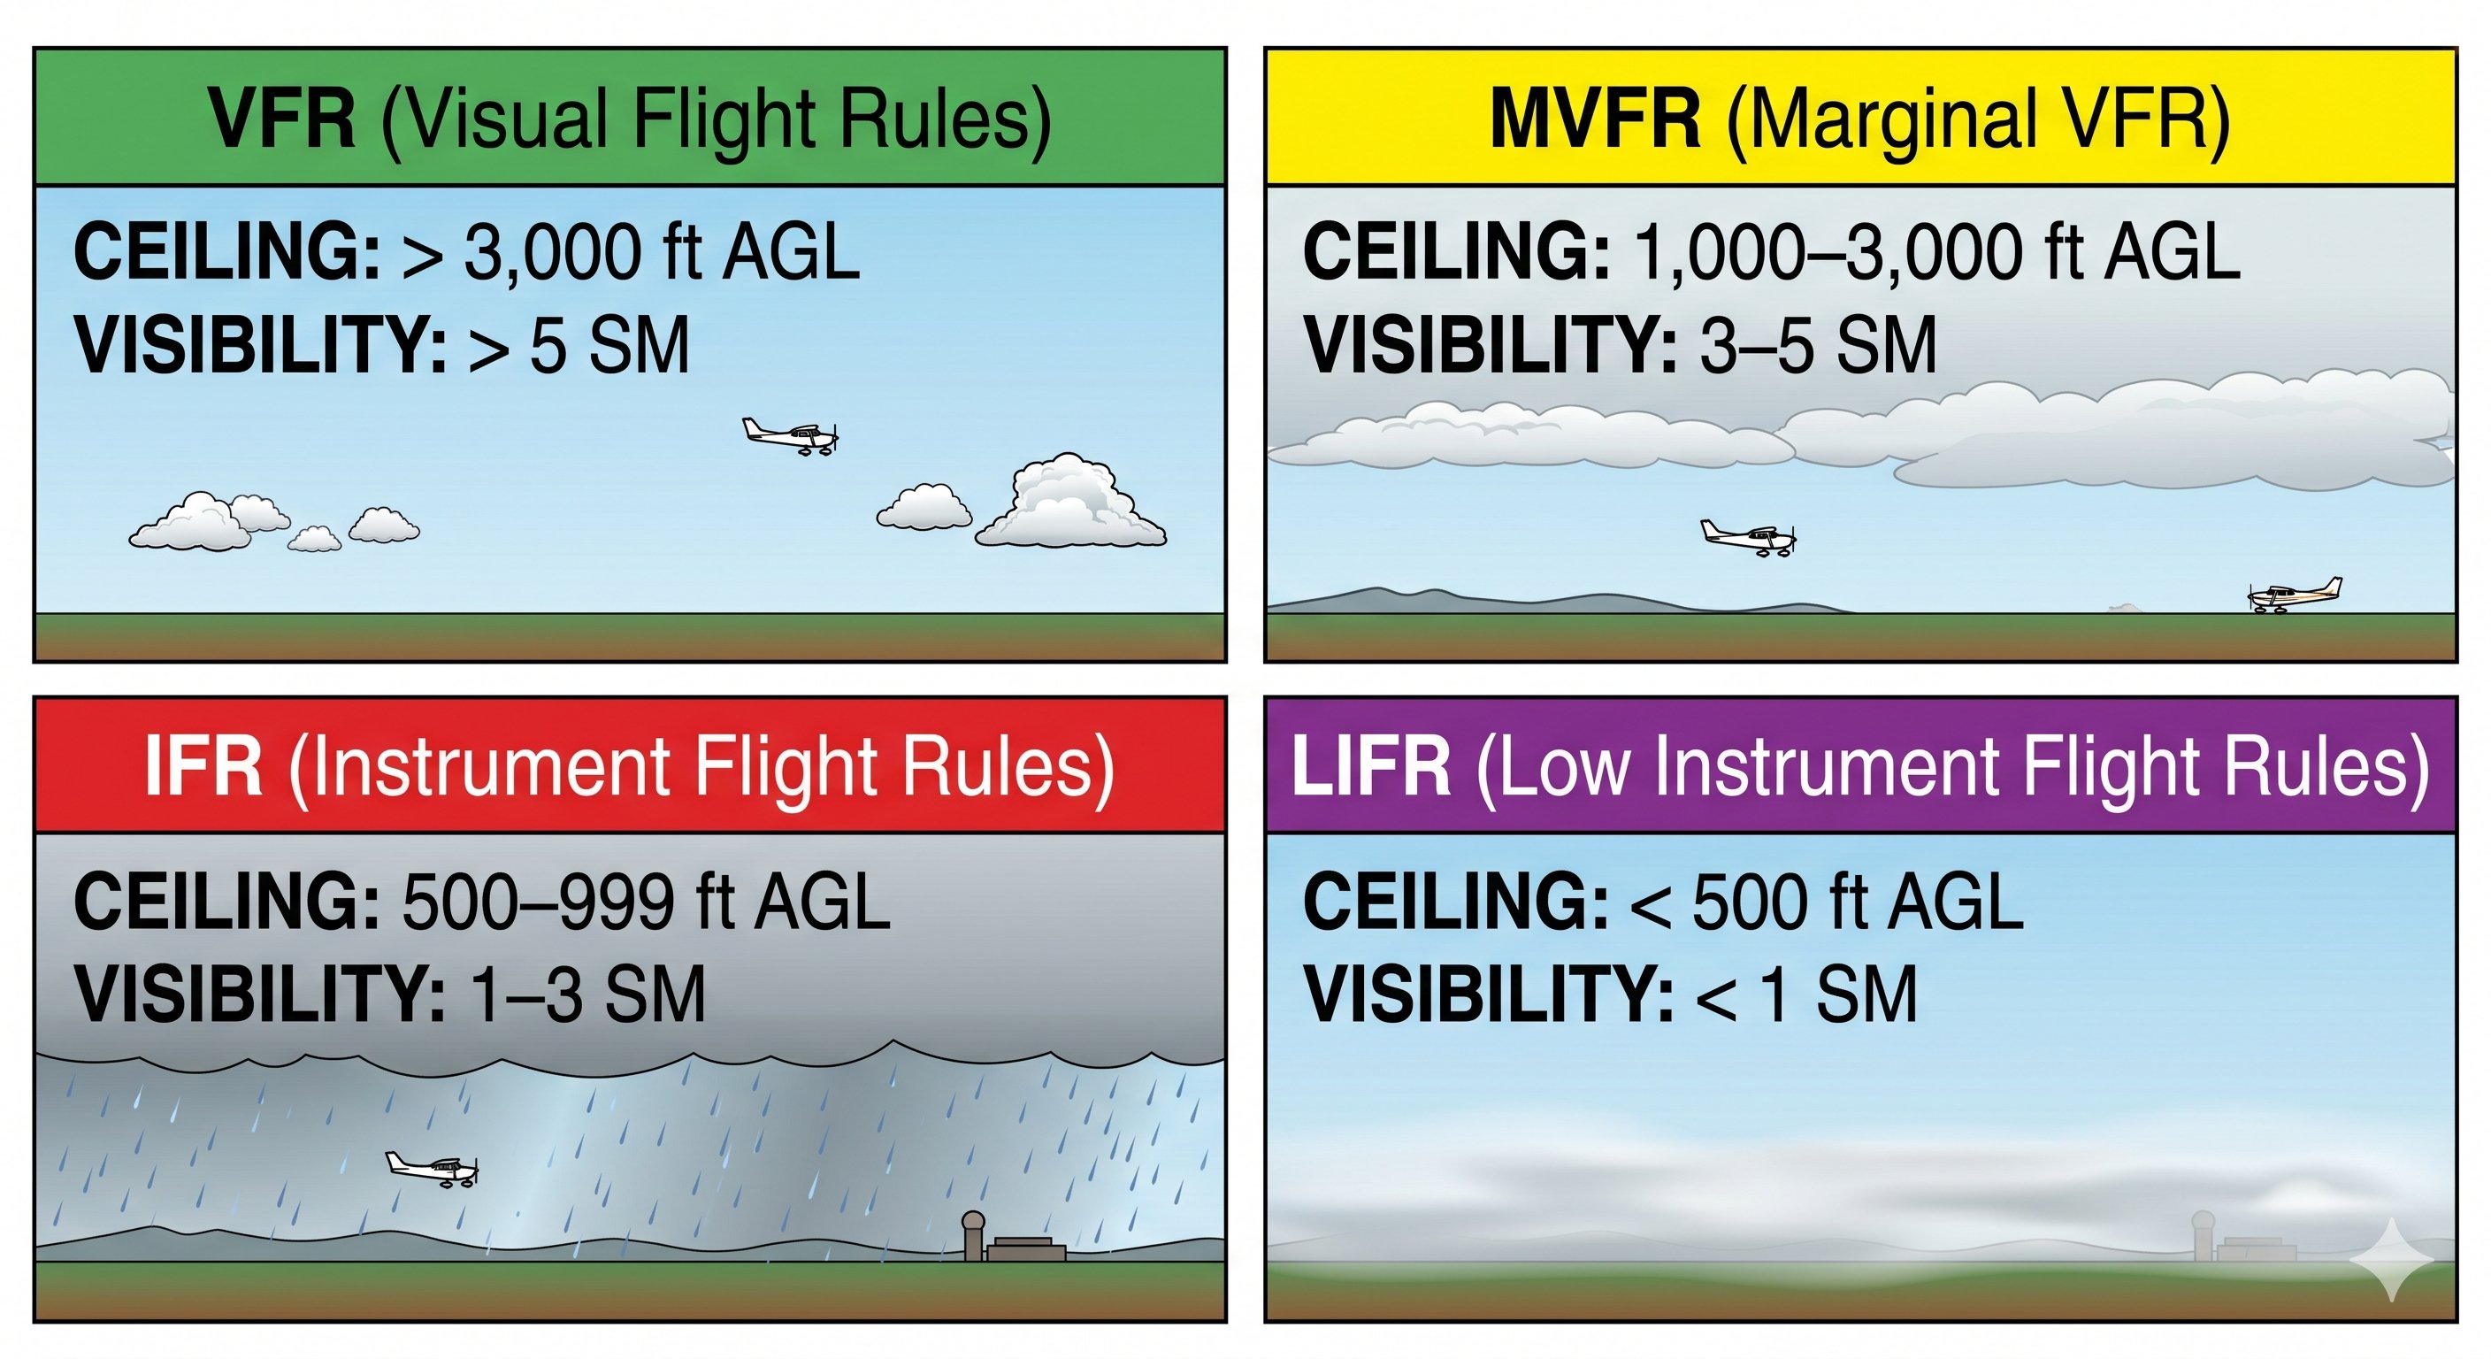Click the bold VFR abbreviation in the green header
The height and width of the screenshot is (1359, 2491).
tap(281, 120)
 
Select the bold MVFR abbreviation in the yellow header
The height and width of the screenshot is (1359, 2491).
tap(1595, 120)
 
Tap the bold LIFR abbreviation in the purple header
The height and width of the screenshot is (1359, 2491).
tap(1371, 766)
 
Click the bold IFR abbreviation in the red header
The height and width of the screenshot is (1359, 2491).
tap(203, 766)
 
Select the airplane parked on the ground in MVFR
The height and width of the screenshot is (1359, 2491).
tap(2294, 595)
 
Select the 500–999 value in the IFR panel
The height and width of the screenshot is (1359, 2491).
tap(537, 902)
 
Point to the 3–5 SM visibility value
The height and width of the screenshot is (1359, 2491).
tap(1818, 346)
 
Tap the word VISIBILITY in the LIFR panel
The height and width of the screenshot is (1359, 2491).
tap(1488, 995)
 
